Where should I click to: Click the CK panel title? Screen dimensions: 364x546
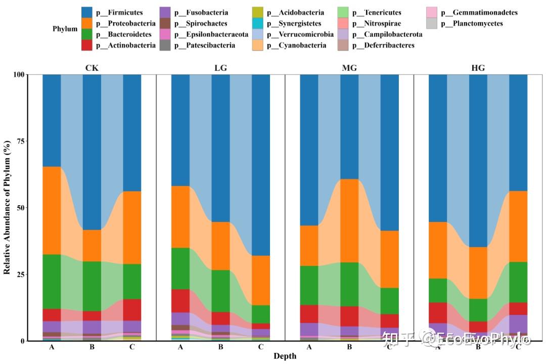(x=92, y=68)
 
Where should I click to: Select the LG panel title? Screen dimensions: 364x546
(x=220, y=68)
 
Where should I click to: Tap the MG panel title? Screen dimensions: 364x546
(x=349, y=68)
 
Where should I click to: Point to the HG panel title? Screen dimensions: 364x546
(x=478, y=68)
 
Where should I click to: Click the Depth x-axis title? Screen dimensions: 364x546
(x=285, y=356)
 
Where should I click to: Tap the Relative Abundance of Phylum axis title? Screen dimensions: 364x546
(x=7, y=208)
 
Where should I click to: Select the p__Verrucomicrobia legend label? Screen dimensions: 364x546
(x=300, y=34)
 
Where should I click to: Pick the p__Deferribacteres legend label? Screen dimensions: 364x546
(x=383, y=45)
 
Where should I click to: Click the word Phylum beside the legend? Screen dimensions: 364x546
(x=65, y=29)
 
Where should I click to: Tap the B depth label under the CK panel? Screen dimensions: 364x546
(x=92, y=347)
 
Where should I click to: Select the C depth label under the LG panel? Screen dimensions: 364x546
(x=261, y=347)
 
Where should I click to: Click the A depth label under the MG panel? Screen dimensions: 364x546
(x=309, y=347)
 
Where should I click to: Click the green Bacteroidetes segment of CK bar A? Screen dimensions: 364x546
(x=52, y=281)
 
